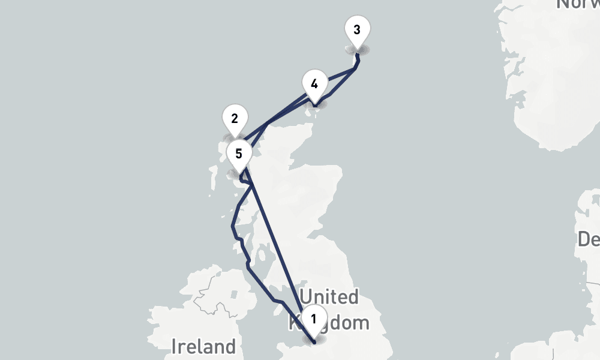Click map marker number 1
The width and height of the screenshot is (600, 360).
(x=313, y=318)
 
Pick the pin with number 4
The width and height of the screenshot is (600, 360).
(x=314, y=83)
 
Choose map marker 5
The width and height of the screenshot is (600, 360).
(x=239, y=154)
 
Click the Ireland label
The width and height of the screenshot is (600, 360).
(x=203, y=346)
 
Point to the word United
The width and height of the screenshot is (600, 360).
(x=329, y=297)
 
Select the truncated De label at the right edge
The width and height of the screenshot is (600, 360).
(x=588, y=239)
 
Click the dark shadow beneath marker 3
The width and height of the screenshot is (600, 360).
(x=357, y=49)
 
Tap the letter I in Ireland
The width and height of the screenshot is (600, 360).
(x=174, y=346)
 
